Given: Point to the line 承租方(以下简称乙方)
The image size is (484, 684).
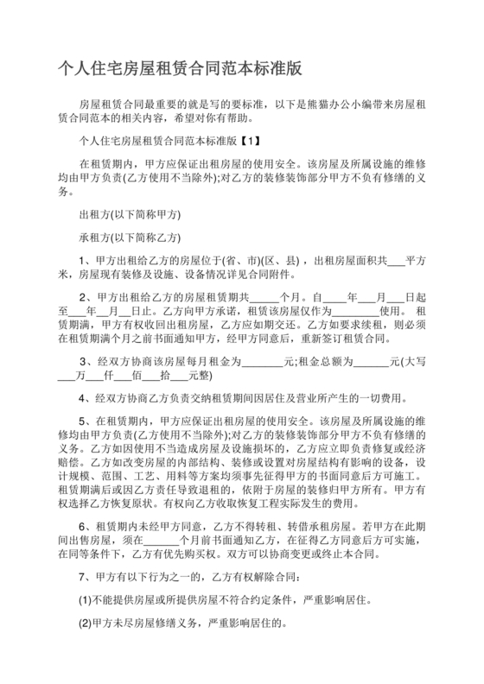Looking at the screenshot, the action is click(129, 236).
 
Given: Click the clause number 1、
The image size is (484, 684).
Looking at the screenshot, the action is click(86, 258).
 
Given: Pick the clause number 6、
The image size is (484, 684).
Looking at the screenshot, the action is click(86, 524).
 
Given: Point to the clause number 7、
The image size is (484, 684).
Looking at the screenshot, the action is click(86, 577).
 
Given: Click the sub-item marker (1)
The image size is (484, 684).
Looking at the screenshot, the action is click(85, 599).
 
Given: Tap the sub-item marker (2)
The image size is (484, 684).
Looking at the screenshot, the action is click(85, 622).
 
